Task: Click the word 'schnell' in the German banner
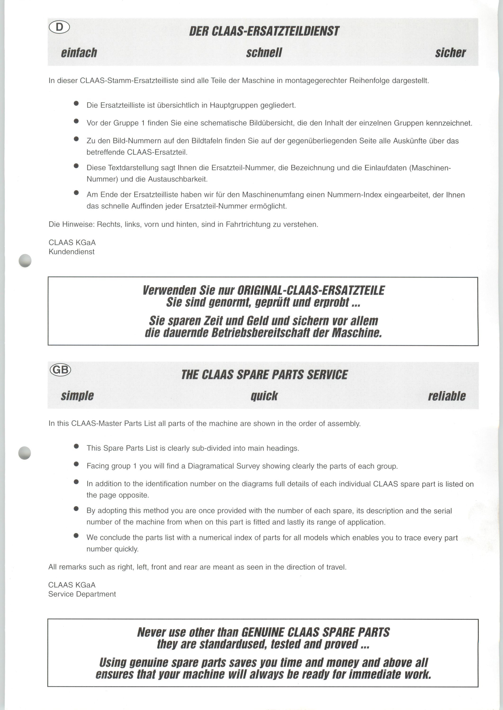pyautogui.click(x=264, y=53)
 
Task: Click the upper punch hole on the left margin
pyautogui.click(x=25, y=260)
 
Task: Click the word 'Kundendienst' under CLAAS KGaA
pyautogui.click(x=72, y=252)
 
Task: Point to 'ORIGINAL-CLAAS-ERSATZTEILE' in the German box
pyautogui.click(x=311, y=290)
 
